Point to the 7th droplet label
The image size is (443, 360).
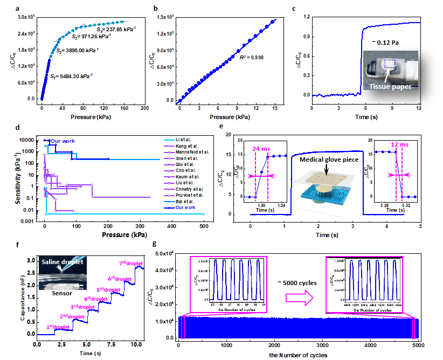[x=129, y=264]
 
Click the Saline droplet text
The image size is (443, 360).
[x=61, y=262]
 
